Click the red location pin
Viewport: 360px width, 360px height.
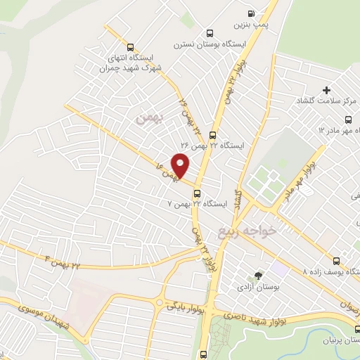(x=181, y=165)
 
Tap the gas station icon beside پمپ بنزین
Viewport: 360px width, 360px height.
(x=251, y=13)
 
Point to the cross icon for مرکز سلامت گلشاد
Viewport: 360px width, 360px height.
(x=326, y=91)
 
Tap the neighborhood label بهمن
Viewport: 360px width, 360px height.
(x=150, y=120)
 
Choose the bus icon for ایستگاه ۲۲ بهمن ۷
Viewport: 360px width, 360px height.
(x=197, y=193)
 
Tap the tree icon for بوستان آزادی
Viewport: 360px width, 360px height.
(x=259, y=276)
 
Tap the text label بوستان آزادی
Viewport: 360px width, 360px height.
(x=260, y=288)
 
